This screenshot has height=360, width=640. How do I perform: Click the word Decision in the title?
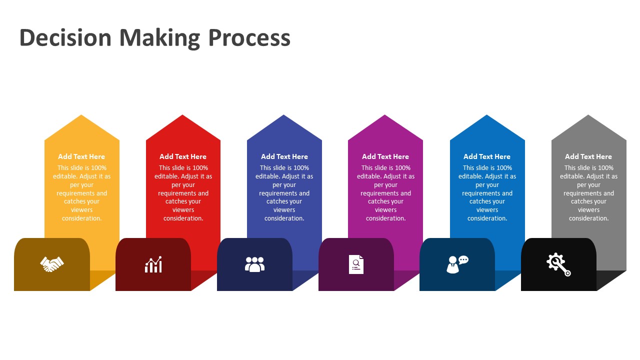[65, 38]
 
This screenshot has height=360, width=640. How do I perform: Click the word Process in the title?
[249, 38]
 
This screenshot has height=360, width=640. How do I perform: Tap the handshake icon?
[52, 264]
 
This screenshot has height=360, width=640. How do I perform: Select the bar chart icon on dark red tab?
[153, 264]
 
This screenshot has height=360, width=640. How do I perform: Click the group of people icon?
[254, 264]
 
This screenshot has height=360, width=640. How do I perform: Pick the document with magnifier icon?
[356, 264]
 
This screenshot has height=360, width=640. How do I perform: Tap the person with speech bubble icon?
[457, 264]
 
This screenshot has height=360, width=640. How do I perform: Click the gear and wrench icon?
[558, 264]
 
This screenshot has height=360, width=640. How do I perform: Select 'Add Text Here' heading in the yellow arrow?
[81, 156]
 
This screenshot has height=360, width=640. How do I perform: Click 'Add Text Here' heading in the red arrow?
[183, 156]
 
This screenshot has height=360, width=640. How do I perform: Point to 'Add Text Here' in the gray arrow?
[588, 156]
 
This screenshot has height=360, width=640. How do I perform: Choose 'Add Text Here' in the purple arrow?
[385, 156]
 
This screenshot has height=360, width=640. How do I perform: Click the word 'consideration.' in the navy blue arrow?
[284, 218]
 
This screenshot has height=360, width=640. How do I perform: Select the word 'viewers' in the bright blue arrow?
[487, 210]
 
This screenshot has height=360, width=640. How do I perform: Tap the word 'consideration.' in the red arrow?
[183, 218]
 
